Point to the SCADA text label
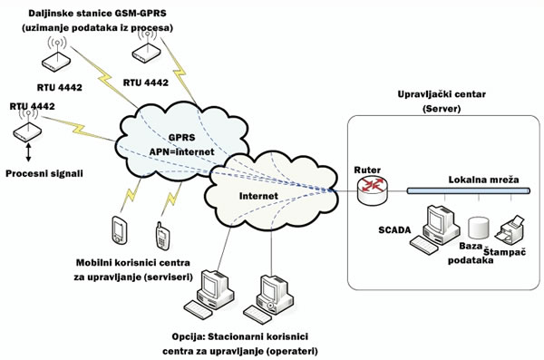pyautogui.click(x=395, y=230)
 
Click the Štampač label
pyautogui.click(x=505, y=250)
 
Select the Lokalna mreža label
pyautogui.click(x=483, y=180)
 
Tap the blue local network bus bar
pyautogui.click(x=462, y=191)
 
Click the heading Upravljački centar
pyautogui.click(x=441, y=95)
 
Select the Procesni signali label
pyautogui.click(x=42, y=172)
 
